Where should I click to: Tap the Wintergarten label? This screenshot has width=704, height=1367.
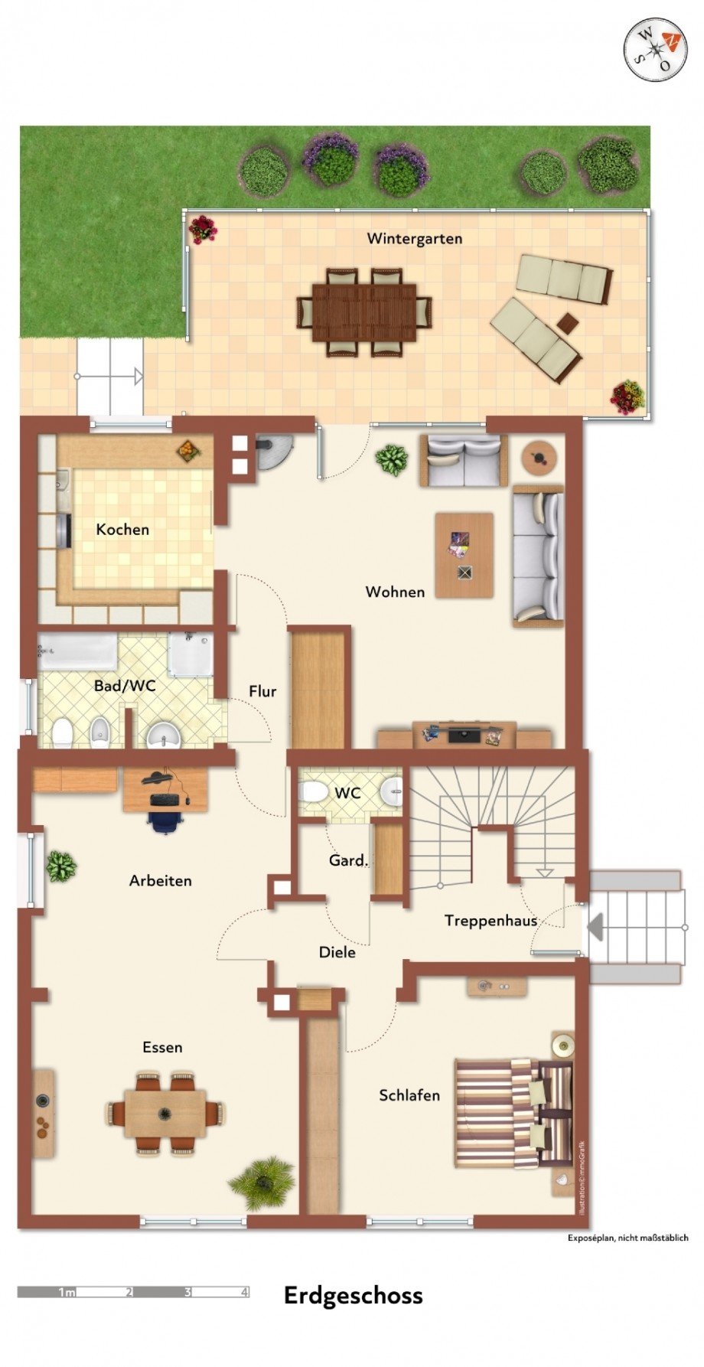(x=414, y=239)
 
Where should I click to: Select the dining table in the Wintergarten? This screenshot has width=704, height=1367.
(x=364, y=312)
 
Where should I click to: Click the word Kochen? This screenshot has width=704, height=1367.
(x=122, y=529)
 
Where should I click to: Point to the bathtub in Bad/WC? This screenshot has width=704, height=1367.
(x=77, y=652)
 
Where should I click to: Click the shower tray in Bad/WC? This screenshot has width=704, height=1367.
(x=191, y=654)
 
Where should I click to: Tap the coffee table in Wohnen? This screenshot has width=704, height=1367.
(x=464, y=555)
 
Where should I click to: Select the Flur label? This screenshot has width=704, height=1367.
(x=262, y=691)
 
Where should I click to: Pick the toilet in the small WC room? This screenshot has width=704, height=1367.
(x=311, y=791)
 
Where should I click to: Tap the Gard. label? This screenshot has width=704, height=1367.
(x=348, y=860)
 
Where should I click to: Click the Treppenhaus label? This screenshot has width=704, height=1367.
(x=491, y=920)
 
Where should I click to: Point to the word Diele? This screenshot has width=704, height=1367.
(x=337, y=952)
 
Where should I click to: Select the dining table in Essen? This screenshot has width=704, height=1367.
(x=165, y=1113)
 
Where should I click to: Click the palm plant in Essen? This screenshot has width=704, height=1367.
(x=262, y=1183)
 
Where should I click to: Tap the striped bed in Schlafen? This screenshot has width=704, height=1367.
(x=513, y=1113)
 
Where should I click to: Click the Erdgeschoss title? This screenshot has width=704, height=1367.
(x=353, y=1295)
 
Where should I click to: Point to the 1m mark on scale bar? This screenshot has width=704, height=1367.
(x=67, y=1292)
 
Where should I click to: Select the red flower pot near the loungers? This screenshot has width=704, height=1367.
(x=627, y=396)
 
